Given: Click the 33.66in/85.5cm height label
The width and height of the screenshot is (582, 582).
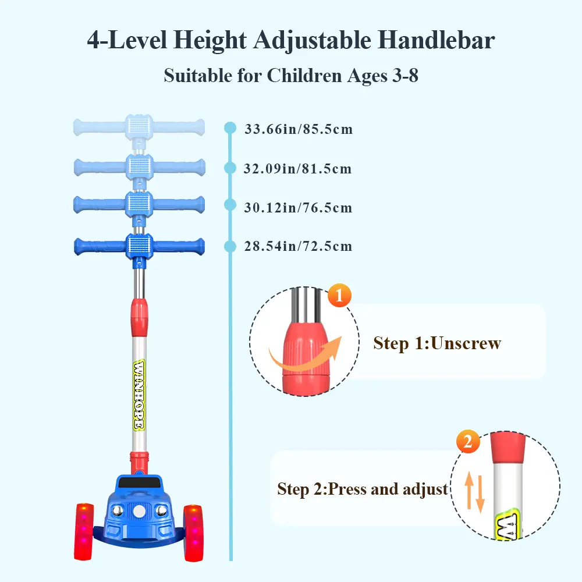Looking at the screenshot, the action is coord(299,129).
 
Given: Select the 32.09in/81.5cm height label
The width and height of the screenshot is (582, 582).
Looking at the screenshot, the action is coord(297,169).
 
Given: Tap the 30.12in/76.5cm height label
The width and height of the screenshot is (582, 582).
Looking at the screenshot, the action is coord(298,208).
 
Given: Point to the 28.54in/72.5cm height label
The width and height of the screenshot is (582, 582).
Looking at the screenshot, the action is coord(298,246).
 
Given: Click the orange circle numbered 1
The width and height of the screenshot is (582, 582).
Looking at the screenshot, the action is coord(339,296).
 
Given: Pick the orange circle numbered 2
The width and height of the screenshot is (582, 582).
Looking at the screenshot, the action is coord(468,441).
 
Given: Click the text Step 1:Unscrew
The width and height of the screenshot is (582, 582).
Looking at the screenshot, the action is coord(437,343).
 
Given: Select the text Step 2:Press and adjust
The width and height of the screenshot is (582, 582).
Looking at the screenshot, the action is coord(363,489).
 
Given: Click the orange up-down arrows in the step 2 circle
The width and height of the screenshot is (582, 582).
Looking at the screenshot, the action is coord(475,492).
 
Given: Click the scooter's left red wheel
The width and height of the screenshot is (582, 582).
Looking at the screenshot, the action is coord(84,531).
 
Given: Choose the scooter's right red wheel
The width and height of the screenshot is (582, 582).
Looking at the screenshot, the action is coord(194,533).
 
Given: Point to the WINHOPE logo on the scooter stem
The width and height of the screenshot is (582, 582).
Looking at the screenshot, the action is coord(139,395).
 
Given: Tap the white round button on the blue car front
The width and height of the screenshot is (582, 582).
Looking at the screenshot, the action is coord(139,511).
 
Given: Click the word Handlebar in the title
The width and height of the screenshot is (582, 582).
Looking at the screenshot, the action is coord(436,40).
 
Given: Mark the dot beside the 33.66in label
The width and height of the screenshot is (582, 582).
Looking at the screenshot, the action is coord(230,127).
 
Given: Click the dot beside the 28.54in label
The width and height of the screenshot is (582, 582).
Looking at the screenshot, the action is coord(230,246).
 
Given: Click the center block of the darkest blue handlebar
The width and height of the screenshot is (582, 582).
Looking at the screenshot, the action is coord(139,246).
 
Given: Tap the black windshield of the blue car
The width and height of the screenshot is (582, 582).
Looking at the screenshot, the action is coord(139,483).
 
